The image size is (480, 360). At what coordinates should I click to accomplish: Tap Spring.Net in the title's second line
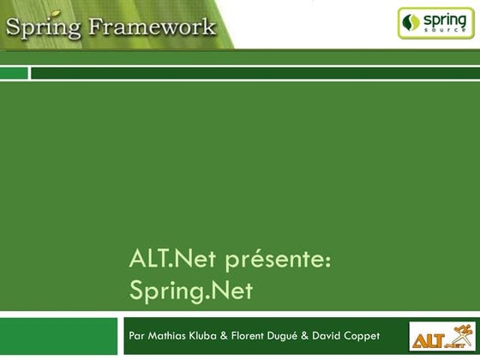(x=191, y=291)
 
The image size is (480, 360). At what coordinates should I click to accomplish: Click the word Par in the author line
(x=136, y=334)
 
